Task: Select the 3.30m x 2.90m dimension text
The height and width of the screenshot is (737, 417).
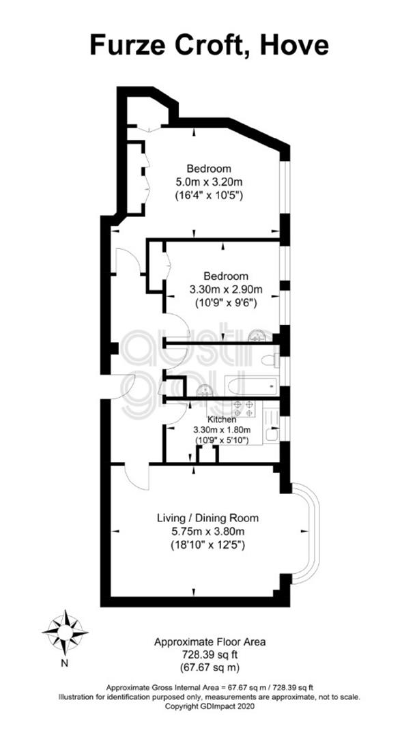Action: (226, 289)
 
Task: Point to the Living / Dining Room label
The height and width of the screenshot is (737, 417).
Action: (207, 519)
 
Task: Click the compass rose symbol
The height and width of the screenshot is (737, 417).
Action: (66, 633)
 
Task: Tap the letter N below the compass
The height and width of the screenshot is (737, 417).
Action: (66, 664)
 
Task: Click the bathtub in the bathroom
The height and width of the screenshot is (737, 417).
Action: (252, 386)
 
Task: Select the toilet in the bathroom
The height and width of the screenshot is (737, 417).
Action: (271, 361)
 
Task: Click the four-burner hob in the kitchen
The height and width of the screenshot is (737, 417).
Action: (243, 409)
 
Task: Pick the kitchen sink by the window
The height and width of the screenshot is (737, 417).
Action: (272, 434)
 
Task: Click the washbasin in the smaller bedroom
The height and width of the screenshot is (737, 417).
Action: (257, 334)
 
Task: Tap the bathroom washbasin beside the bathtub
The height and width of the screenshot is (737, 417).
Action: (204, 390)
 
